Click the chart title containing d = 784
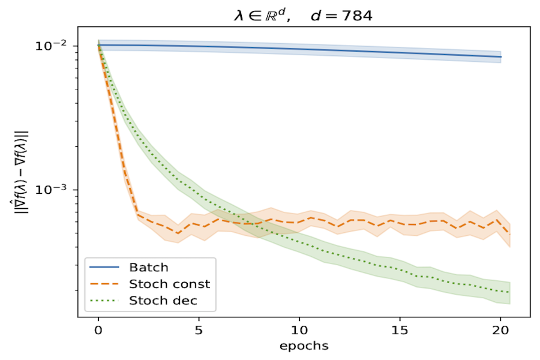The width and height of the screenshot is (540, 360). click(303, 16)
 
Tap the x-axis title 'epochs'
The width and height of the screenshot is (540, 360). click(304, 346)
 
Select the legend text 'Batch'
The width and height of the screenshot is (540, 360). click(149, 268)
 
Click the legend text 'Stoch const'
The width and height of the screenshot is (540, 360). click(170, 283)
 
